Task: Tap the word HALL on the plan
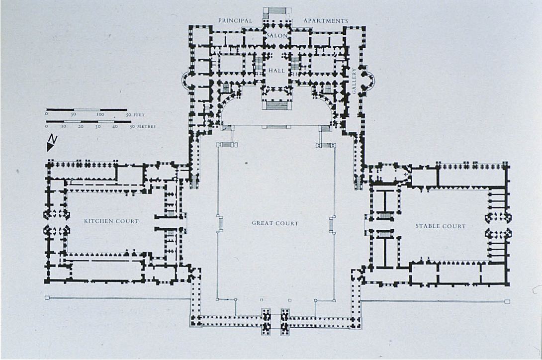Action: [277, 71]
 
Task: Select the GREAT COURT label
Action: [275, 223]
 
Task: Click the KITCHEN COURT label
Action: [111, 221]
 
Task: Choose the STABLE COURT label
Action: [441, 226]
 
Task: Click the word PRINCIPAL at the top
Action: [235, 21]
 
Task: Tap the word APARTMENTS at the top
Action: [326, 21]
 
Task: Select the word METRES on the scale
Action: [146, 126]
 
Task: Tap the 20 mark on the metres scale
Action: [81, 126]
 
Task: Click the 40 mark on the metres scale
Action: [115, 126]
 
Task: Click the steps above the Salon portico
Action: [277, 10]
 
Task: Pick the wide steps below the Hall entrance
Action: [277, 105]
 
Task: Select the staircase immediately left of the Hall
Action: [259, 64]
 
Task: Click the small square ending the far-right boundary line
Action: [507, 301]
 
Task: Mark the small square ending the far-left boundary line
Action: [47, 298]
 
